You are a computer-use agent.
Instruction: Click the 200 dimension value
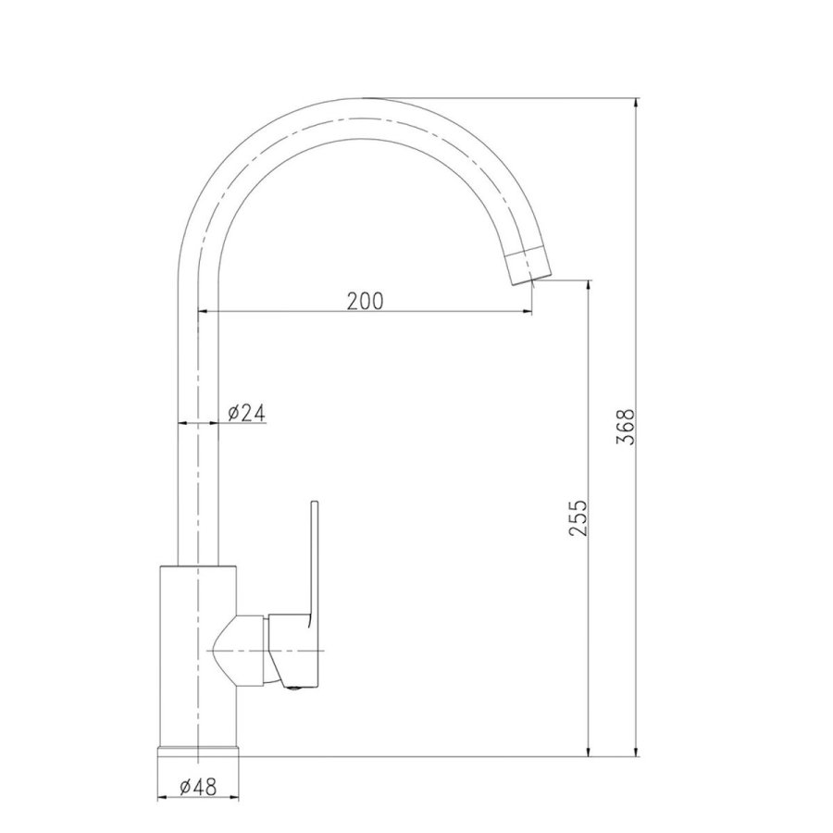tap(365, 300)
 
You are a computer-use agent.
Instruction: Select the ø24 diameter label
tap(246, 413)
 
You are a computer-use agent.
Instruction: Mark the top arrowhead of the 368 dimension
tap(636, 103)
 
